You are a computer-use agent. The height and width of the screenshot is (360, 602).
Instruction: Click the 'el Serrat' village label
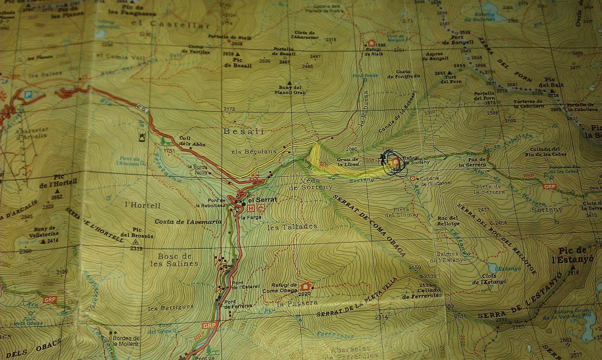261,200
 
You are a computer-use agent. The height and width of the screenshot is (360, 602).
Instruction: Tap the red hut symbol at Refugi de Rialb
371,44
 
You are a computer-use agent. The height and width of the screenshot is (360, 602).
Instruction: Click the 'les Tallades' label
293,227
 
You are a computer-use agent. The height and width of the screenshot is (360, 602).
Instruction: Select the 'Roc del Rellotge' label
448,220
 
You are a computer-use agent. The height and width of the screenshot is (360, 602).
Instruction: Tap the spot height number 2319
136,248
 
